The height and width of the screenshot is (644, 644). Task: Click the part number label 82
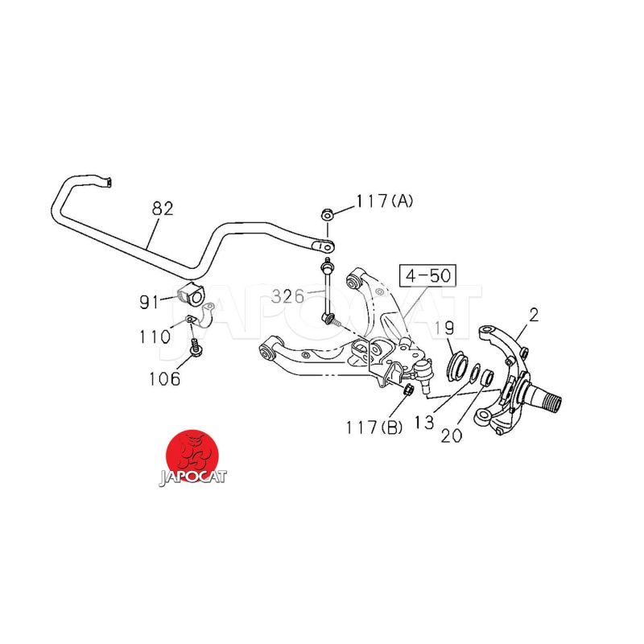[163, 208]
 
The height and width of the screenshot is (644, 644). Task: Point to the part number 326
[287, 296]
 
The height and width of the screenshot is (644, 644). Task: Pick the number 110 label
[154, 336]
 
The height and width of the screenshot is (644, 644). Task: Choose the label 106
[165, 378]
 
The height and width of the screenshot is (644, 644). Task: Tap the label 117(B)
[374, 427]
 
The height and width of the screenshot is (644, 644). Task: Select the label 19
[445, 328]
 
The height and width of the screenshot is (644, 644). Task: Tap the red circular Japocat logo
[192, 452]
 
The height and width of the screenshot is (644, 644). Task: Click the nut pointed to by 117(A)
[328, 214]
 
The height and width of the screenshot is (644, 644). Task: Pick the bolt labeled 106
[196, 349]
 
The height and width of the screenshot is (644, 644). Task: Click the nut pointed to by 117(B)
[408, 390]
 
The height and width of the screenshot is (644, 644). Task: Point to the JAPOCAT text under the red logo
[192, 477]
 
